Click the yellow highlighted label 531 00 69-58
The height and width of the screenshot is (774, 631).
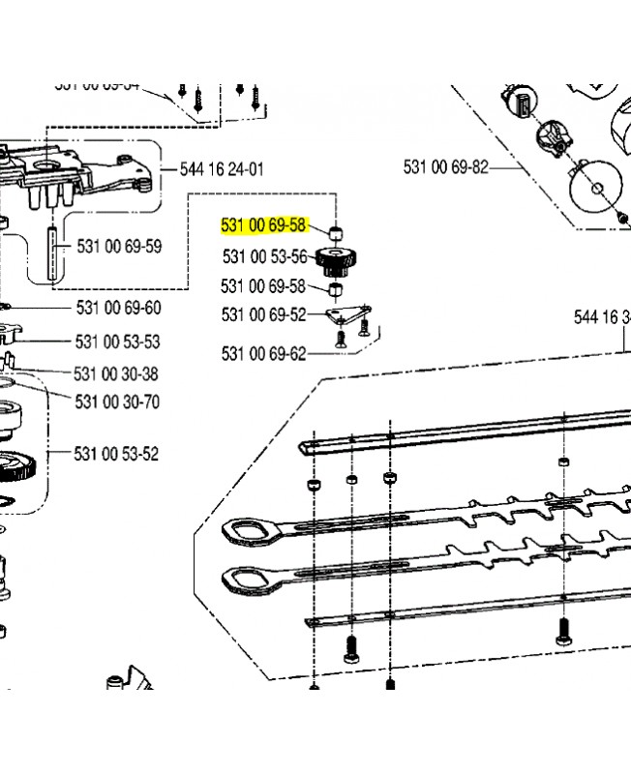[264, 226]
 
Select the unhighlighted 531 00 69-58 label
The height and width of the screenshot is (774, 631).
[263, 286]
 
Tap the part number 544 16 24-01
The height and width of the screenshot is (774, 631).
[222, 169]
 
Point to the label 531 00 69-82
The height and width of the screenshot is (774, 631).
[446, 167]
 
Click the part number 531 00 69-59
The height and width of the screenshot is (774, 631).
[119, 247]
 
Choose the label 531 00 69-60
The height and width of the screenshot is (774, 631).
[119, 309]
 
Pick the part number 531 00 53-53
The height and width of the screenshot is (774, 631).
[117, 342]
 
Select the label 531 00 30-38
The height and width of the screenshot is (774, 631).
[116, 373]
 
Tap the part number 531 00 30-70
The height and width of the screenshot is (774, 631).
[117, 401]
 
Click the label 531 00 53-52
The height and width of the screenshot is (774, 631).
[117, 454]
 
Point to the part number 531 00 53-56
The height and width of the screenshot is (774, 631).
[264, 256]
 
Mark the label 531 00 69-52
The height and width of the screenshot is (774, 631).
[263, 314]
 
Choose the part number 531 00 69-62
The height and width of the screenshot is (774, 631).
[263, 354]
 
